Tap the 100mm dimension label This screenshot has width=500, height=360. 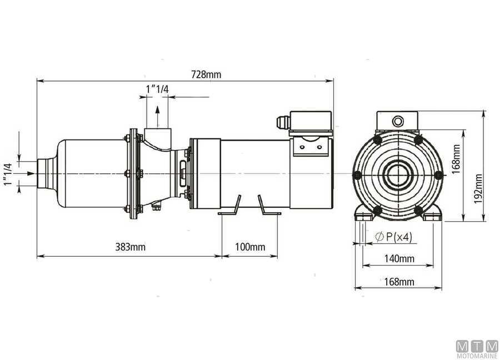coord(249,247)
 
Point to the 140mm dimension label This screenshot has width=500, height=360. coord(399,258)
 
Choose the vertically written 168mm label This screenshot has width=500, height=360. coord(455,160)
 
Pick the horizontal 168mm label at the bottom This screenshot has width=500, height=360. coord(399,282)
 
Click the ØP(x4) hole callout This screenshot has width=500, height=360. coord(393,237)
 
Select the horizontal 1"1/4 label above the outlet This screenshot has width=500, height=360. coord(157,89)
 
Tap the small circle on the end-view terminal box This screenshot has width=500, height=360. coord(398,121)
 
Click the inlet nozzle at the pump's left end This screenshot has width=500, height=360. coord(46,174)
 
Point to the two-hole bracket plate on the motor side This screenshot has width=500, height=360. coord(308,146)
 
